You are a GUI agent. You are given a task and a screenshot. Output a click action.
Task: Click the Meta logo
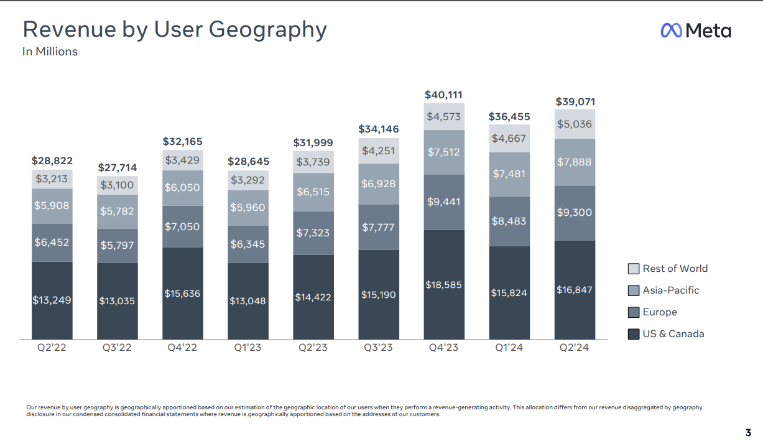tap(695, 30)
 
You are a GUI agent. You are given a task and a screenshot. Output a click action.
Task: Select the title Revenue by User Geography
tap(174, 29)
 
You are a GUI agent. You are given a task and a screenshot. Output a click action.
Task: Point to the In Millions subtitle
tap(50, 52)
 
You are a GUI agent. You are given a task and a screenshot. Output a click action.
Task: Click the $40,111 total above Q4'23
tap(443, 95)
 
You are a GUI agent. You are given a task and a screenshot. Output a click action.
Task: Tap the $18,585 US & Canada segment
tap(444, 284)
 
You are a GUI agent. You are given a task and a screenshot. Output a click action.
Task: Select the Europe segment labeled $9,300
tap(575, 212)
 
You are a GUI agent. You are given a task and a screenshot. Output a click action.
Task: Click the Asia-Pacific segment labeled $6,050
tap(183, 187)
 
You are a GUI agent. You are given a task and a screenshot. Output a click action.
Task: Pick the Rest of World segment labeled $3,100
tap(117, 185)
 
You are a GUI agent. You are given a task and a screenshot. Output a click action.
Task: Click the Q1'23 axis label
tap(247, 348)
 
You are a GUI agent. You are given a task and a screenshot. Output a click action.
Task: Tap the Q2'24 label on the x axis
tap(575, 348)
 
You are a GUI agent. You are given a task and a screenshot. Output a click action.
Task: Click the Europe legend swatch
tap(634, 312)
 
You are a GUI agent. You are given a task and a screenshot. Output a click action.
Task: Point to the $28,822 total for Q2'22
tap(52, 161)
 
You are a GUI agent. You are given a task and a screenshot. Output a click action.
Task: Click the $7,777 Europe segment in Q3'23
tap(379, 227)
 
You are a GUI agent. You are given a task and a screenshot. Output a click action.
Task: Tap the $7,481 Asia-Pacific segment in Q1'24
tap(509, 174)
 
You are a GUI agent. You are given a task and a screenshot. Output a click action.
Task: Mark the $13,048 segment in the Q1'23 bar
tap(247, 301)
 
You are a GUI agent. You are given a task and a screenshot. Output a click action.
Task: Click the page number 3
tap(748, 432)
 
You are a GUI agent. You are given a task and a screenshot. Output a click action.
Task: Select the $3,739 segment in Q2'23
tap(313, 162)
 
